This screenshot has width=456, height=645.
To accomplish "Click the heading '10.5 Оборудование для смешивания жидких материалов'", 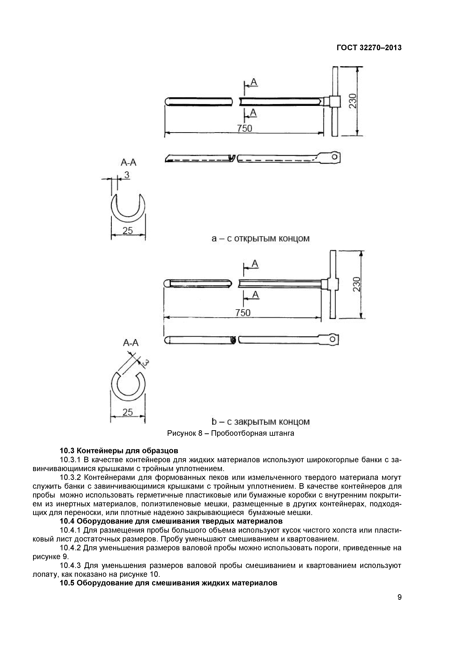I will pyautogui.click(x=169, y=583).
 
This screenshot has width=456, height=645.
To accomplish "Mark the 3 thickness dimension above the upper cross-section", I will pyautogui.click(x=127, y=175).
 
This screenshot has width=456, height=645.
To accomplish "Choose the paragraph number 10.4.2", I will pyautogui.click(x=71, y=548).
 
